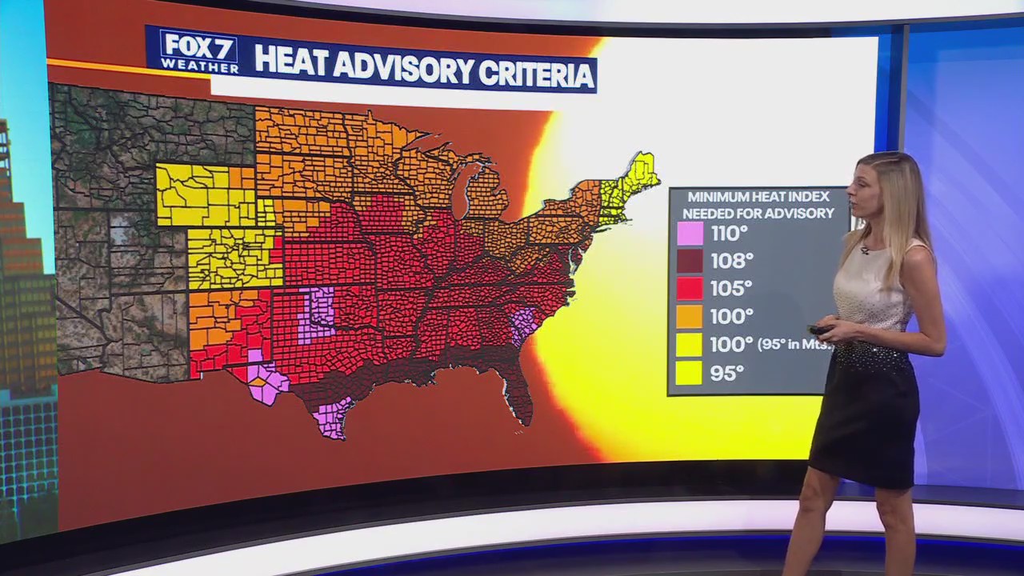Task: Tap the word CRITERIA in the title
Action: click(x=536, y=73)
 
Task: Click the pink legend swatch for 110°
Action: click(x=690, y=234)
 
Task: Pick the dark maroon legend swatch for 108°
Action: click(x=690, y=261)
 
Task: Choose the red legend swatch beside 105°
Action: click(x=690, y=288)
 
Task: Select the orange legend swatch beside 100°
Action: click(x=690, y=316)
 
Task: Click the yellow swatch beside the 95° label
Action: click(x=690, y=372)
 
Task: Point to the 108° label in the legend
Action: click(x=732, y=261)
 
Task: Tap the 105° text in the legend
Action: click(x=732, y=288)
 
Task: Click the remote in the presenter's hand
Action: click(x=819, y=329)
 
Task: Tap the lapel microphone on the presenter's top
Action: click(x=865, y=250)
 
